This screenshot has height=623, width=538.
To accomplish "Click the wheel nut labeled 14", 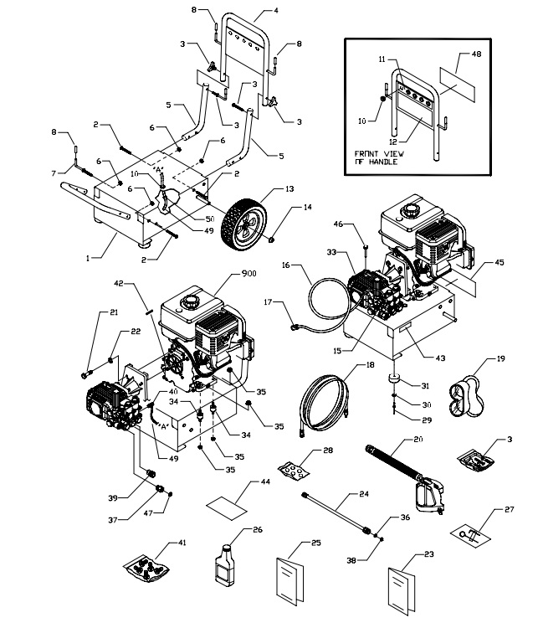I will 273,241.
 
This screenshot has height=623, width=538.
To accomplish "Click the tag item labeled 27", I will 471,533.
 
